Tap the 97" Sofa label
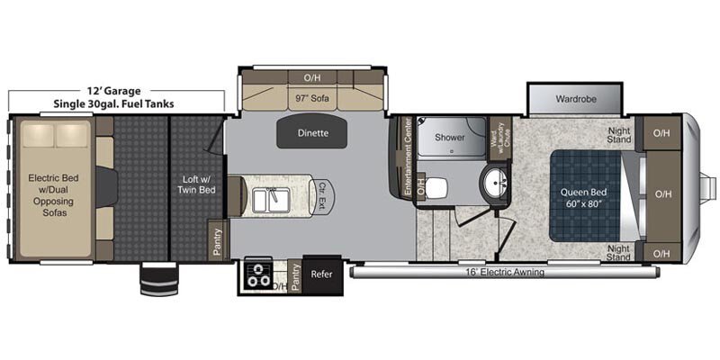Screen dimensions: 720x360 311,98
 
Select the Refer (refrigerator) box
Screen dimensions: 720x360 321,274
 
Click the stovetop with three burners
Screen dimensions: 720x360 256,275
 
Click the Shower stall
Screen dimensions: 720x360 451,137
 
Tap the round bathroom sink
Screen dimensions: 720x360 493,183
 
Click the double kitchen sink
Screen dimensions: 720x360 271,200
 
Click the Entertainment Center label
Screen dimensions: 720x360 407,156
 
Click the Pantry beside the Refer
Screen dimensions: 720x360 295,277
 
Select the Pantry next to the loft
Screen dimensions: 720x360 217,240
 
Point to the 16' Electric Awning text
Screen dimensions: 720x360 503,273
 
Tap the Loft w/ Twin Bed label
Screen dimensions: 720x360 196,184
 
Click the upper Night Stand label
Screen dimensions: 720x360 618,134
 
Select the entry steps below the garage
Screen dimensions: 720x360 159,279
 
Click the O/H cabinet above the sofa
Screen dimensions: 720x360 311,77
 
